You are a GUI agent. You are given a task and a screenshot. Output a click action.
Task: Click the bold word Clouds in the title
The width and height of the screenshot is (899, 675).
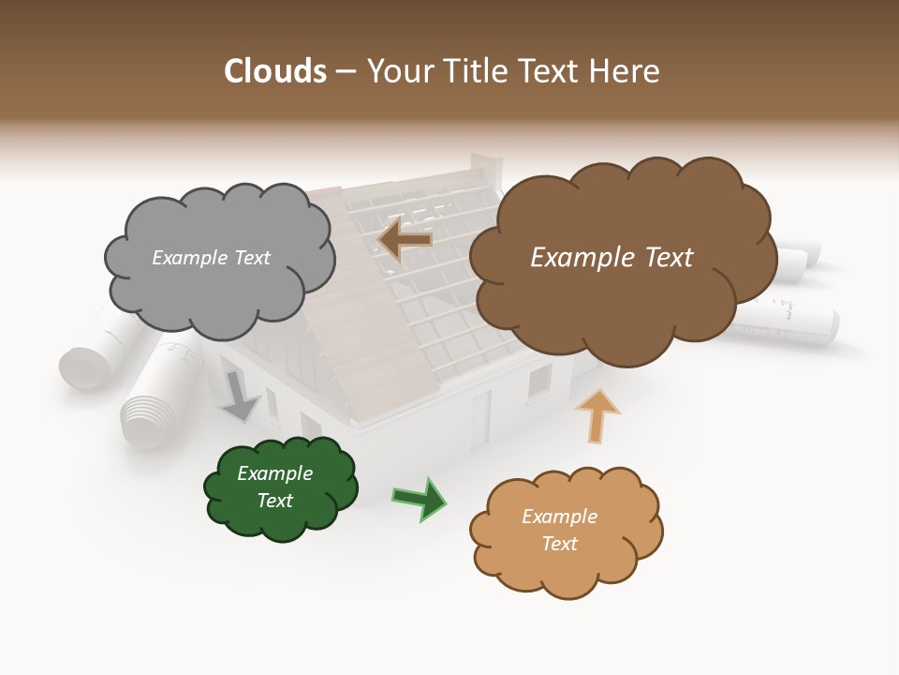[x=275, y=71]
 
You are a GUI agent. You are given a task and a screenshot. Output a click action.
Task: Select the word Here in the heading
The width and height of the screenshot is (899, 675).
[x=625, y=71]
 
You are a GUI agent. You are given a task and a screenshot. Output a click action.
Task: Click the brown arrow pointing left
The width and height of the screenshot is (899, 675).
[x=405, y=240]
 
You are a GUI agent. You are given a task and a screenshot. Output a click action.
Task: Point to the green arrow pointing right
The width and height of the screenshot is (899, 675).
[x=420, y=498]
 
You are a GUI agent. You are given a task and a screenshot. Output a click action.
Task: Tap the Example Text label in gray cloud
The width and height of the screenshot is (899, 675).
[x=211, y=258]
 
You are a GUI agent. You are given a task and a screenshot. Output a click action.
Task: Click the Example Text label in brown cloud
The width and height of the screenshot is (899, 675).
[x=612, y=258]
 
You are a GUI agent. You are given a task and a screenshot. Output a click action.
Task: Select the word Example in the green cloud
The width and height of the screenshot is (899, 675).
[x=274, y=473]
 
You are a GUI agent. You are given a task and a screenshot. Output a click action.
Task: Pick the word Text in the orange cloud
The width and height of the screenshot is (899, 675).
[x=559, y=544]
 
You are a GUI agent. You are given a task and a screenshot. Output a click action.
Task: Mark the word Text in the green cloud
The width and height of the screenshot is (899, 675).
[x=274, y=501]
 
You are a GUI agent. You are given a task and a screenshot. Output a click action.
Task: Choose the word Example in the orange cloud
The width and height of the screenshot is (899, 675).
[x=559, y=517]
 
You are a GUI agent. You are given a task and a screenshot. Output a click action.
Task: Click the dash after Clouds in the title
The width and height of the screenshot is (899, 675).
[x=345, y=71]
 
